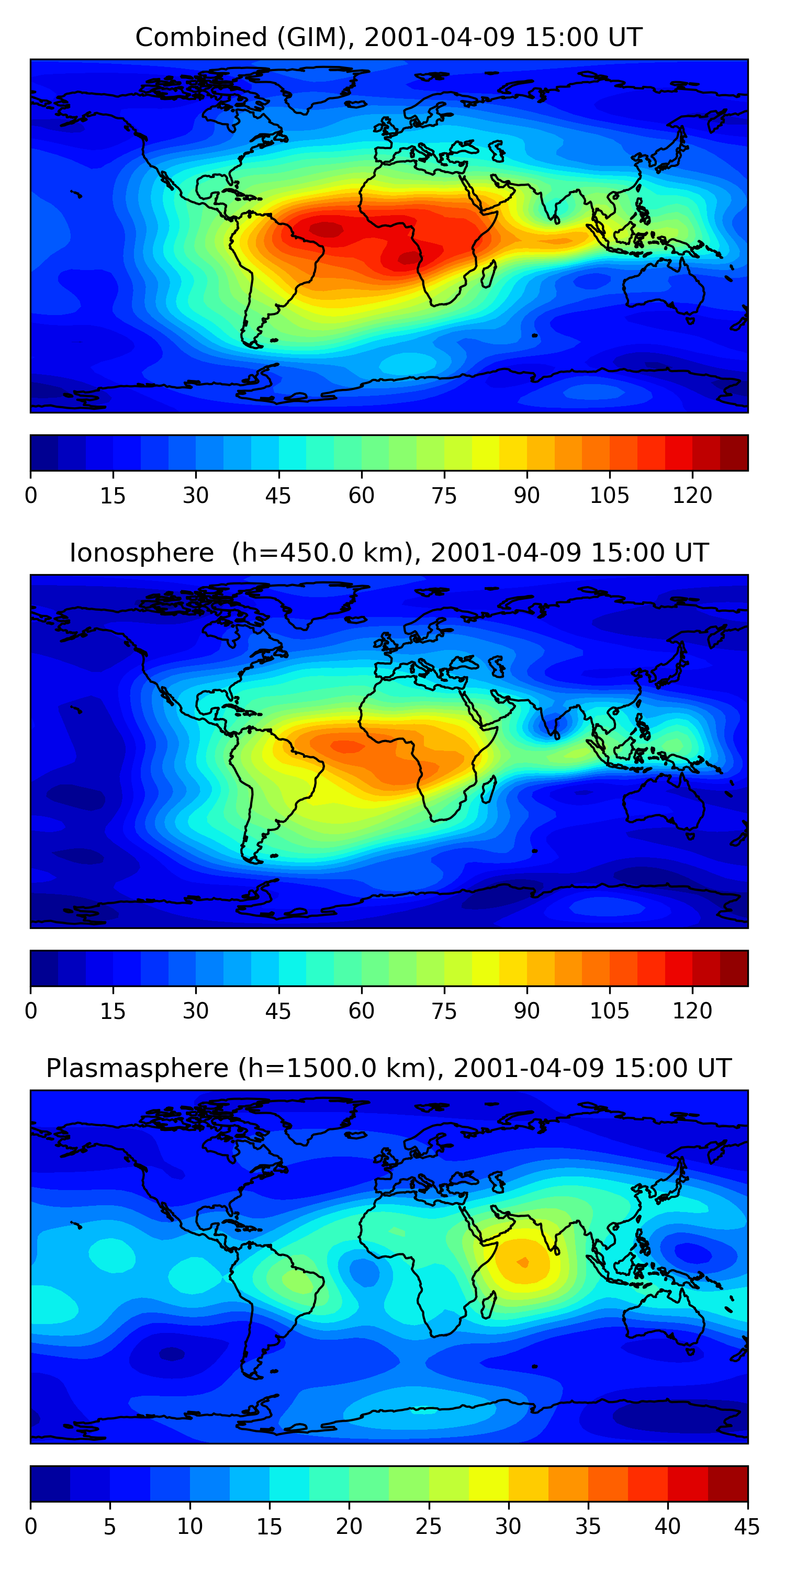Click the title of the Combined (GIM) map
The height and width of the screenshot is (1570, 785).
click(388, 38)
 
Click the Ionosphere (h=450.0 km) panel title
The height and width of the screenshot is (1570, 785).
click(388, 553)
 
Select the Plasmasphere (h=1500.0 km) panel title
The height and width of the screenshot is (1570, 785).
click(388, 1069)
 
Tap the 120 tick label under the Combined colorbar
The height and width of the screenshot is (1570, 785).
click(692, 496)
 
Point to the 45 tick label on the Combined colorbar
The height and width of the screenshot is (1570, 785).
click(278, 496)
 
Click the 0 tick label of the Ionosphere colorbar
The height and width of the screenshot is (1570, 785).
click(31, 1011)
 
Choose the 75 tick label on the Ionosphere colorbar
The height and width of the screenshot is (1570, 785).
click(444, 1011)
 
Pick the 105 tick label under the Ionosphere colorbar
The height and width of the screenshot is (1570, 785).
click(609, 1011)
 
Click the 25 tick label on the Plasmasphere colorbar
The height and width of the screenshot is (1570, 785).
click(428, 1527)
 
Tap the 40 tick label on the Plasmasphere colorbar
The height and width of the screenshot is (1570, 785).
click(667, 1527)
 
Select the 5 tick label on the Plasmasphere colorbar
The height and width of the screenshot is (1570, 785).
click(110, 1527)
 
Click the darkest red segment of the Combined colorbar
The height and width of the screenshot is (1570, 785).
click(734, 453)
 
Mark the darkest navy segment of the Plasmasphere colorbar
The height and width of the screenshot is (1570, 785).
click(50, 1484)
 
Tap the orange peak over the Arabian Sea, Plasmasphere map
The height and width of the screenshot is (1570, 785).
click(523, 1261)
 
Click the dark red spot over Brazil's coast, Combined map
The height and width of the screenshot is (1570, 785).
click(327, 229)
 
